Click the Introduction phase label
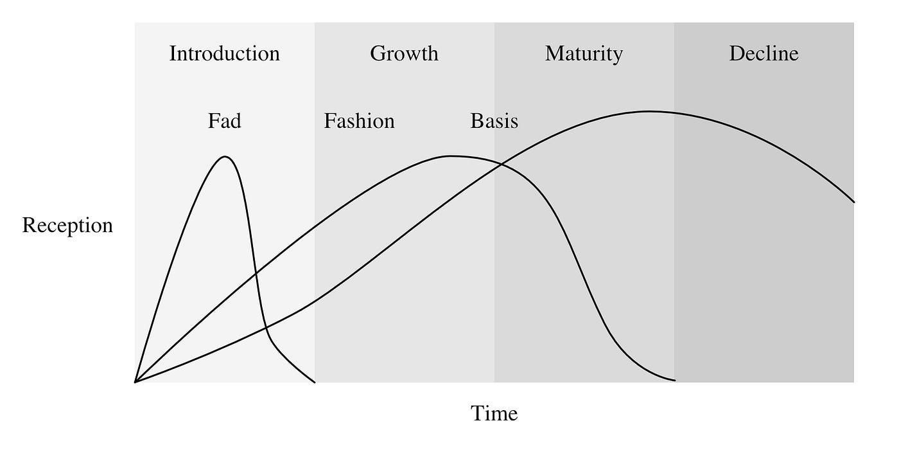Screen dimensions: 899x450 point(224,53)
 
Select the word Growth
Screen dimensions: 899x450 point(404,53)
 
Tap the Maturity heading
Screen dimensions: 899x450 point(584,54)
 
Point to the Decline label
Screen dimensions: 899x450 point(764,53)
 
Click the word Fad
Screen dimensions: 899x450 point(224,121)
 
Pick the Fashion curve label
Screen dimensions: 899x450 point(359,121)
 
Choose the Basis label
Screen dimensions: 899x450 point(494,121)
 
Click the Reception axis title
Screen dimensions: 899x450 point(67,226)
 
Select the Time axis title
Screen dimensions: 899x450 point(494,413)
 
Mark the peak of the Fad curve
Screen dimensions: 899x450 point(225,156)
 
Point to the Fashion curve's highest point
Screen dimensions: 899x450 point(451,156)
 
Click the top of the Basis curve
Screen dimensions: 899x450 point(649,111)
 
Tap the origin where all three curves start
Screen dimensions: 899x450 point(135,382)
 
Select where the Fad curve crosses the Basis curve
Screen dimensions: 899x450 point(266,329)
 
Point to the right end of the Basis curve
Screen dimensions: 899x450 point(853,202)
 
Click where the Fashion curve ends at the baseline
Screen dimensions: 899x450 point(674,380)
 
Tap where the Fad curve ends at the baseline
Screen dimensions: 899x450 point(315,382)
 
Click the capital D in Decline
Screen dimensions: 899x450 point(736,53)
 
